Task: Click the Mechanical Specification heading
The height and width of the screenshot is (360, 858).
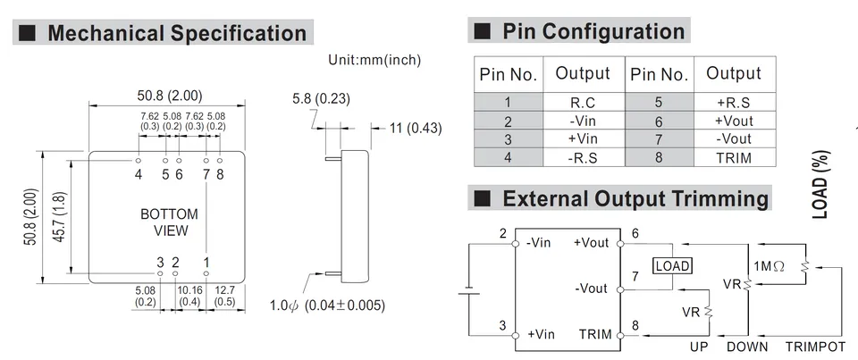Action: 177,33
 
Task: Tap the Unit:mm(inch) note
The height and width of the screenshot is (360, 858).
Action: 374,60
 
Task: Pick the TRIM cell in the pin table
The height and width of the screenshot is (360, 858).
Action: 734,158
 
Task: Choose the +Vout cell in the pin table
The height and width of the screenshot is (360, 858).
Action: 734,121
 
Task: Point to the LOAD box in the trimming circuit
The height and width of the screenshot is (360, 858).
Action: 672,266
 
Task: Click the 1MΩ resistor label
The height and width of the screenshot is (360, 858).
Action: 770,266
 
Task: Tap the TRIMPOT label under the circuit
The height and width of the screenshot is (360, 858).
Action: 815,347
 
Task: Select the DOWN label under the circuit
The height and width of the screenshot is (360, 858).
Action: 747,347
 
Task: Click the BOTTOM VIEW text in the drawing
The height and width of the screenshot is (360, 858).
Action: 170,222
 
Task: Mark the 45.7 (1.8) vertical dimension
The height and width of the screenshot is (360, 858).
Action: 60,217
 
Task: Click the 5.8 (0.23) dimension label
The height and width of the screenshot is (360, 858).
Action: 321,99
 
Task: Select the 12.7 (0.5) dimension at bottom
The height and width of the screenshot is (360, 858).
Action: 225,296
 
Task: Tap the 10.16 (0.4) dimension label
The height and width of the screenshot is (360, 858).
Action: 189,296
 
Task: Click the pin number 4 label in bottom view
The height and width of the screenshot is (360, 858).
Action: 139,174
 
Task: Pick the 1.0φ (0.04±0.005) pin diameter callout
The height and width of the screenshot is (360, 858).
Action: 327,306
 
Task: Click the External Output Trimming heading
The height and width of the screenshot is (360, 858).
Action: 635,198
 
